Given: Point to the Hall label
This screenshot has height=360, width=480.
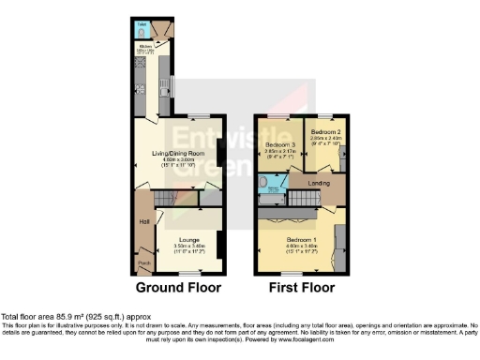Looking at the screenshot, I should pyautogui.click(x=145, y=221).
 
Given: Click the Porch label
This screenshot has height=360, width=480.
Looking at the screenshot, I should pyautogui.click(x=144, y=262).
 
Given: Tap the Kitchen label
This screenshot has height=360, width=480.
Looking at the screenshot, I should pyautogui.click(x=145, y=44).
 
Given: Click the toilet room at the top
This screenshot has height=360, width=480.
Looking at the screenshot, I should pyautogui.click(x=142, y=28).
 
